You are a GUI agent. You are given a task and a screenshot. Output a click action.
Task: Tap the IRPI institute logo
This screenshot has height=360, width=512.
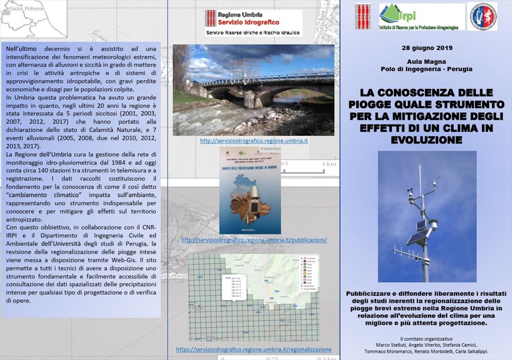pos(421,17)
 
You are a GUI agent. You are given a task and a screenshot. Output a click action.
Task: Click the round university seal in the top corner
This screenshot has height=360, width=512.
pos(482,17)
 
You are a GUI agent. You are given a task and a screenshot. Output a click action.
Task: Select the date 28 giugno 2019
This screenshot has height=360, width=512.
pos(426,48)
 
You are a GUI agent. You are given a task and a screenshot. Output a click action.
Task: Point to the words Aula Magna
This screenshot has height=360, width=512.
pos(426,61)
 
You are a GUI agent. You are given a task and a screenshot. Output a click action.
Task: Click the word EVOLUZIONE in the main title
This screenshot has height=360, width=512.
pos(426,140)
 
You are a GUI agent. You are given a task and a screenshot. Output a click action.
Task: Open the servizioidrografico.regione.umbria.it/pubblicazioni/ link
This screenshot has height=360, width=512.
pos(253,240)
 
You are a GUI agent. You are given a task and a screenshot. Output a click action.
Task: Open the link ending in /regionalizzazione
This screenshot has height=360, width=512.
pos(253,350)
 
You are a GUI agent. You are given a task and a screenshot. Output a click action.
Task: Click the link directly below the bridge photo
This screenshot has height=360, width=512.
pos(253,141)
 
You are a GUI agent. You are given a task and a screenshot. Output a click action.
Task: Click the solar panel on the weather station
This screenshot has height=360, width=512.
pos(418,237)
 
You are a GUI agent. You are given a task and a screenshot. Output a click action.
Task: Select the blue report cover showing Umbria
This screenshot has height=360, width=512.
pos(250,190)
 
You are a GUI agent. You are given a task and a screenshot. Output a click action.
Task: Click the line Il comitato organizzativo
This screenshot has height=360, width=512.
pos(426,339)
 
